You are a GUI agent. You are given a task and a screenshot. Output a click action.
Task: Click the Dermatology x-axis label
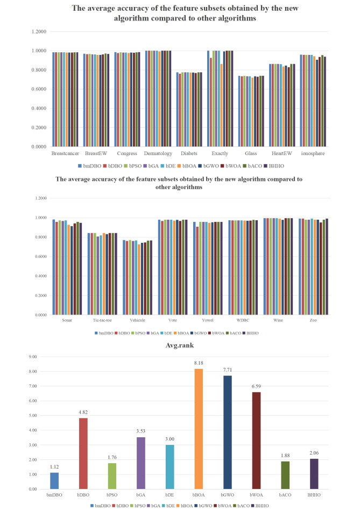tap(159, 153)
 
